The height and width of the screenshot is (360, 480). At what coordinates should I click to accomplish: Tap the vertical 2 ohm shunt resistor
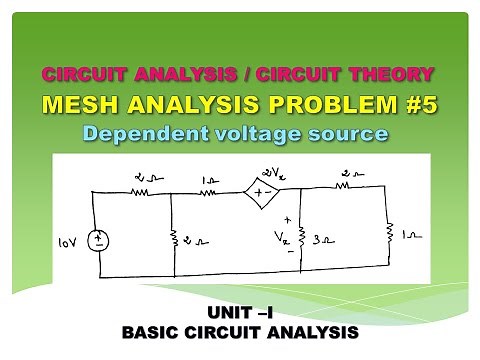172,238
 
